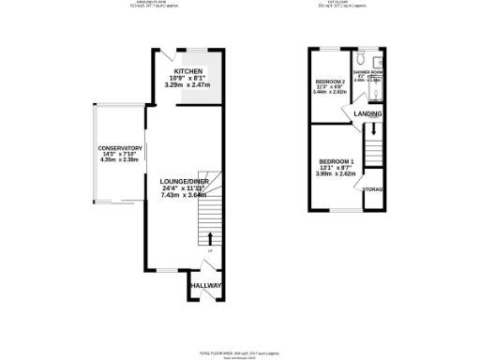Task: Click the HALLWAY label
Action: click(x=205, y=285)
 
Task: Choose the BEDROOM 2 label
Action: click(x=330, y=82)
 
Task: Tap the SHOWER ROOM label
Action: click(x=367, y=71)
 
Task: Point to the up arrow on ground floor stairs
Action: click(x=210, y=238)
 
